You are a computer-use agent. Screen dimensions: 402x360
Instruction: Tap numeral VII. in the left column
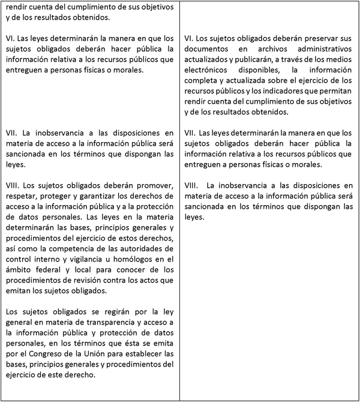pyautogui.click(x=12, y=132)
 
